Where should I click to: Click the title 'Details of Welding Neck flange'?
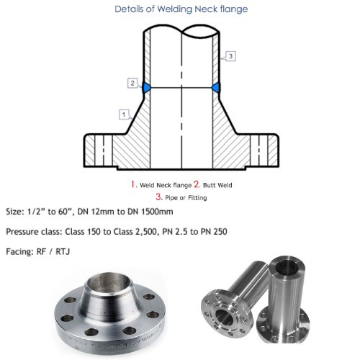pos(180,9)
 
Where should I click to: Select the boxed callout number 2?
pos(132,83)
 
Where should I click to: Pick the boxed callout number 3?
pos(230,55)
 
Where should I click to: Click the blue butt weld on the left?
pos(146,88)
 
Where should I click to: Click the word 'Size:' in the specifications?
pos(16,212)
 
